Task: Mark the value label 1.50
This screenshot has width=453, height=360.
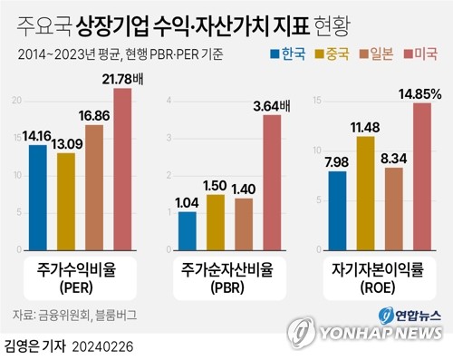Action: point(216,185)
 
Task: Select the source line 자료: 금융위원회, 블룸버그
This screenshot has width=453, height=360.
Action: point(72,315)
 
